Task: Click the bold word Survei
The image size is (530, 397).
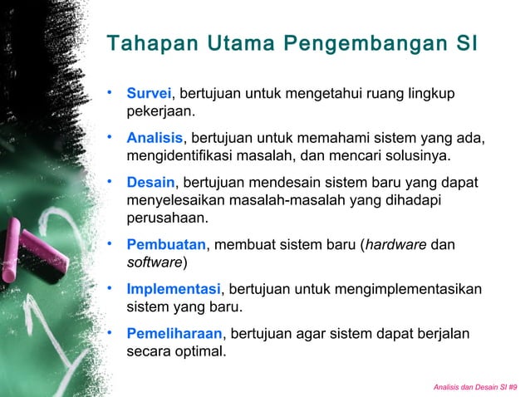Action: coord(148,91)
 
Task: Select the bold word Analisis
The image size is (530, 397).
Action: coord(154,137)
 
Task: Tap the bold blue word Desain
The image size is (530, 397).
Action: coord(150,183)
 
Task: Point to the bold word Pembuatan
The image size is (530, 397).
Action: coord(165,244)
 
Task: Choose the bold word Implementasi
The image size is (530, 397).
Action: coord(174,289)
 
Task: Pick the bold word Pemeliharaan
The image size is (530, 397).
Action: coord(174,334)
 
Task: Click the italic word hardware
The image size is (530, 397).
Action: coord(399,244)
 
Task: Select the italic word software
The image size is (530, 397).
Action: coord(155,262)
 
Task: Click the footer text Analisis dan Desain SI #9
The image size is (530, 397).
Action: coord(475,387)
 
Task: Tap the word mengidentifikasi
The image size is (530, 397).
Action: coord(177,155)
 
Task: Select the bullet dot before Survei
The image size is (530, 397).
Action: coord(109,90)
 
